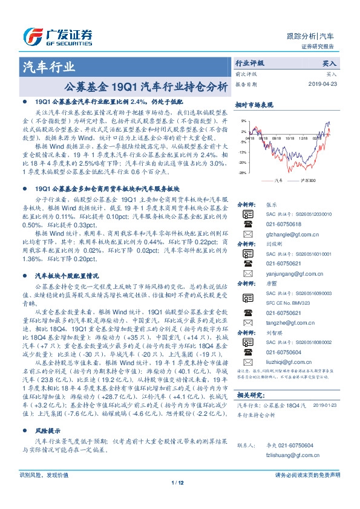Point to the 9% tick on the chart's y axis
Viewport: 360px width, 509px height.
click(x=243, y=121)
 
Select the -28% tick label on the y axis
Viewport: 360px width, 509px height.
click(x=241, y=172)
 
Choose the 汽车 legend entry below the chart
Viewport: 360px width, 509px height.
click(x=278, y=180)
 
